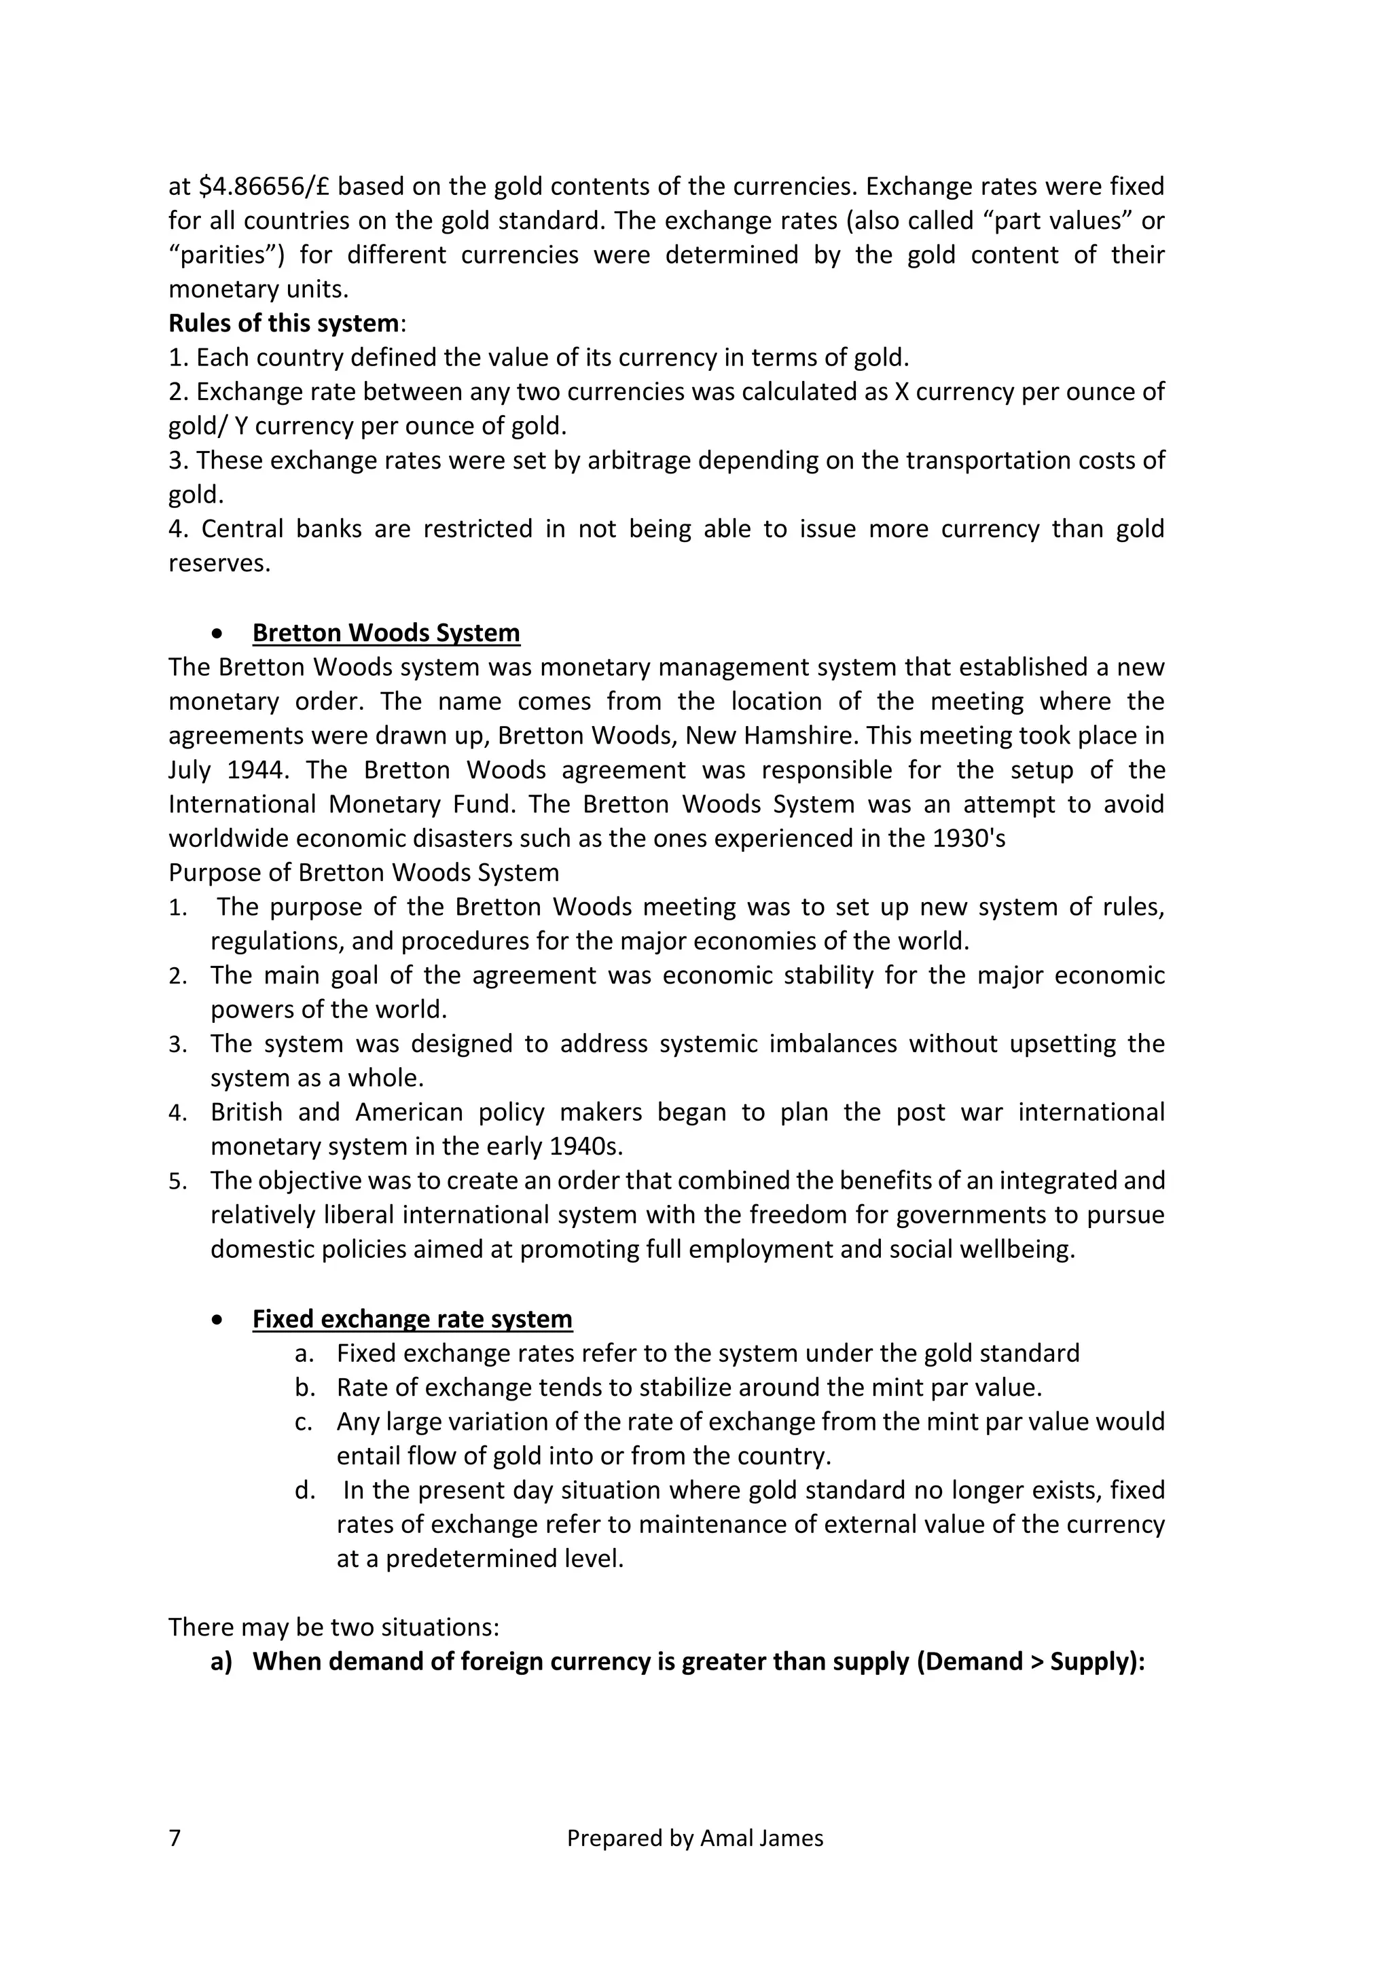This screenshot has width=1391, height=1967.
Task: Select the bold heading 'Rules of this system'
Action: (x=283, y=324)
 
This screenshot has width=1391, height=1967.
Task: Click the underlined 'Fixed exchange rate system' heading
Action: (x=412, y=1318)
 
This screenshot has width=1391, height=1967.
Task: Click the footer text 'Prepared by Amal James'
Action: (x=695, y=1838)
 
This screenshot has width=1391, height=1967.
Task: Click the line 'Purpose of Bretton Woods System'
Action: (x=363, y=873)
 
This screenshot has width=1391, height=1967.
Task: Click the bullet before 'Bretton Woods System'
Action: (x=219, y=634)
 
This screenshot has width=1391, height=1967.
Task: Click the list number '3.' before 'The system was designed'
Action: (x=178, y=1045)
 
